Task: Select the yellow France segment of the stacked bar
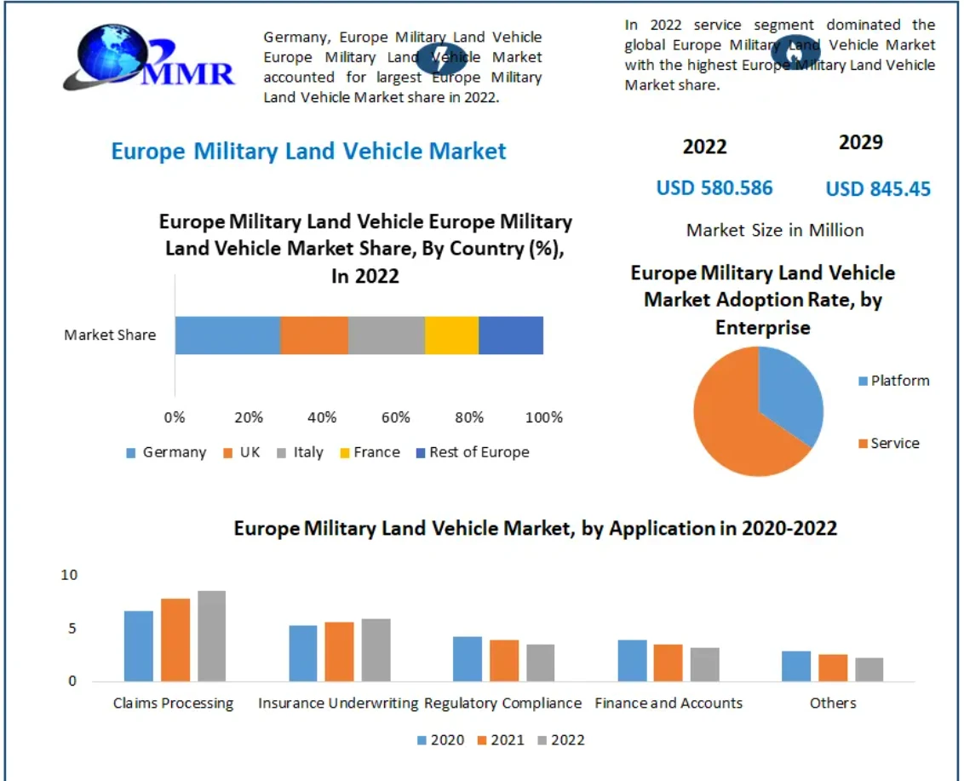click(x=451, y=335)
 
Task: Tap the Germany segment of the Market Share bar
click(x=227, y=335)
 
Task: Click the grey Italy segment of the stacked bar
click(x=387, y=335)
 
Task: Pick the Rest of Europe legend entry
click(x=472, y=452)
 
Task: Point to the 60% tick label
click(x=396, y=417)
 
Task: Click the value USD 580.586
click(x=714, y=187)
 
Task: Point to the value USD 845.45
click(x=878, y=189)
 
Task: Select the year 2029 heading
click(x=860, y=142)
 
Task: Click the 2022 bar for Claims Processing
click(x=212, y=635)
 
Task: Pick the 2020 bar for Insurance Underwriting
click(x=302, y=653)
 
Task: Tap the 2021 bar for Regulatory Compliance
click(x=504, y=660)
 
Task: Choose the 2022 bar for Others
click(x=869, y=669)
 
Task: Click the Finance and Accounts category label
click(x=668, y=703)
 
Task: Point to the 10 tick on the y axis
click(x=69, y=575)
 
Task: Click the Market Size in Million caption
click(x=775, y=230)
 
